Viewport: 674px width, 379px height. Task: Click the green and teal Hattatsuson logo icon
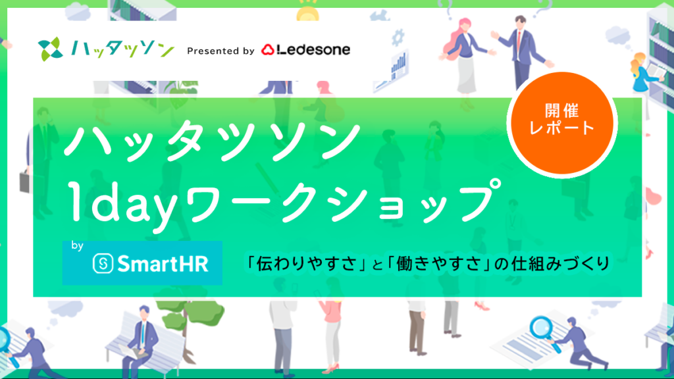point(50,49)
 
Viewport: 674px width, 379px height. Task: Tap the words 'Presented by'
point(220,51)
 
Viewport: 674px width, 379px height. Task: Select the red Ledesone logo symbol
point(268,50)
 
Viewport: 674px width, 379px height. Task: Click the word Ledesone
point(313,49)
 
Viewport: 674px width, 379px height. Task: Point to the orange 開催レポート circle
point(561,124)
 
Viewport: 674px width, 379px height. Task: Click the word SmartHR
point(163,263)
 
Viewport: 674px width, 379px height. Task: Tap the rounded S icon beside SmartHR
point(103,263)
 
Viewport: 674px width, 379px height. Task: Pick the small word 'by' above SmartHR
point(78,246)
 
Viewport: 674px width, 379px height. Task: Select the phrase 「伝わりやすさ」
point(306,263)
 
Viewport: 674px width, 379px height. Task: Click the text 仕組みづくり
point(561,263)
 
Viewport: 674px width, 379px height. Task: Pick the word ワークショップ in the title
point(342,202)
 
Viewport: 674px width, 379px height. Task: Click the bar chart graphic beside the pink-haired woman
point(398,68)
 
